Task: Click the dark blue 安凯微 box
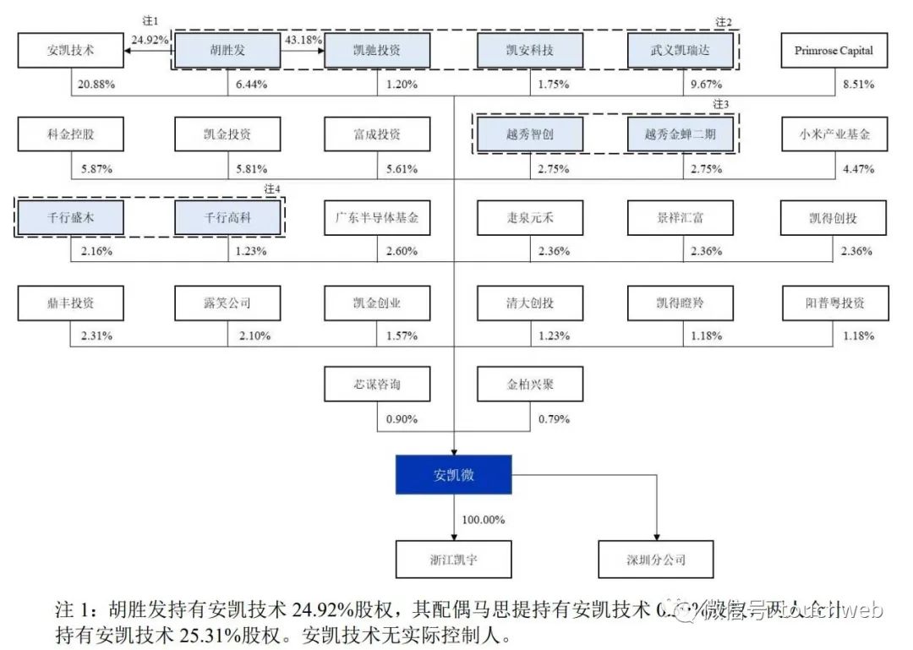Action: pos(455,474)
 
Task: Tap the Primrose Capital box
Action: pos(834,51)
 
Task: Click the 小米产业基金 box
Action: pos(834,134)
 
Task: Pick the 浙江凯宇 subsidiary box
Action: pos(455,559)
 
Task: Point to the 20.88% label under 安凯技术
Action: pos(96,85)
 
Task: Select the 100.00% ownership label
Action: pos(484,518)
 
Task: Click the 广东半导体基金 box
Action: pos(377,217)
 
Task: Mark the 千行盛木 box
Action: pos(71,217)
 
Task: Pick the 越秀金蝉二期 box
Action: pos(681,134)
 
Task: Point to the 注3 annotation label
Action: pos(720,104)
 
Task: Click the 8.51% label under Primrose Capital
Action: pos(857,85)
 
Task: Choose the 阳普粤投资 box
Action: pos(834,302)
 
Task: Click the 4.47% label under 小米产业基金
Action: pos(857,168)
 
